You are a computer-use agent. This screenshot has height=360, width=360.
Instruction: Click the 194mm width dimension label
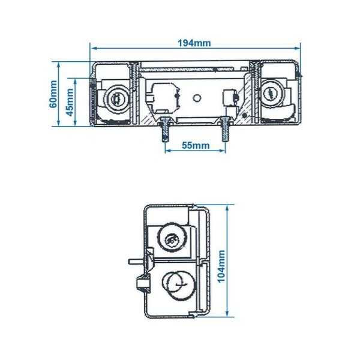[x=194, y=43]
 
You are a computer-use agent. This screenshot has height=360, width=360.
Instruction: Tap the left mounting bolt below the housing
[x=164, y=128]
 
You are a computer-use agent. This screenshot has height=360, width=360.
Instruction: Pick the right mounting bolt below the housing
[x=226, y=128]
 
